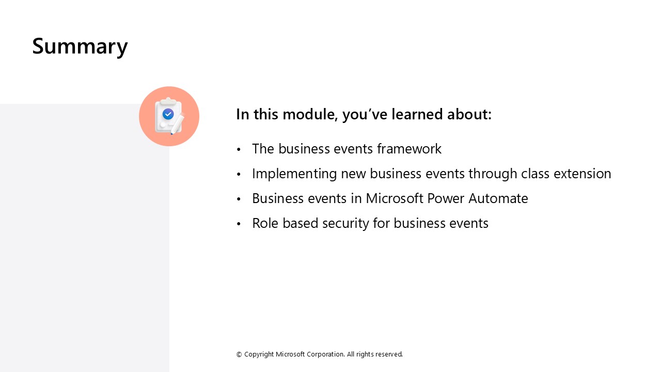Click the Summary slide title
pyautogui.click(x=80, y=46)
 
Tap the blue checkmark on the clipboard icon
pyautogui.click(x=168, y=114)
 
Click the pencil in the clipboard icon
pyautogui.click(x=177, y=124)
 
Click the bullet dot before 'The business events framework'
pyautogui.click(x=239, y=150)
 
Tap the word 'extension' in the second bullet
pyautogui.click(x=583, y=174)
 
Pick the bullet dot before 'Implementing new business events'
pyautogui.click(x=239, y=175)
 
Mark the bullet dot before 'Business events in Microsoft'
pyautogui.click(x=239, y=199)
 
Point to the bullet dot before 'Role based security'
pyautogui.click(x=239, y=224)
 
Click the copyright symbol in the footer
pyautogui.click(x=239, y=354)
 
